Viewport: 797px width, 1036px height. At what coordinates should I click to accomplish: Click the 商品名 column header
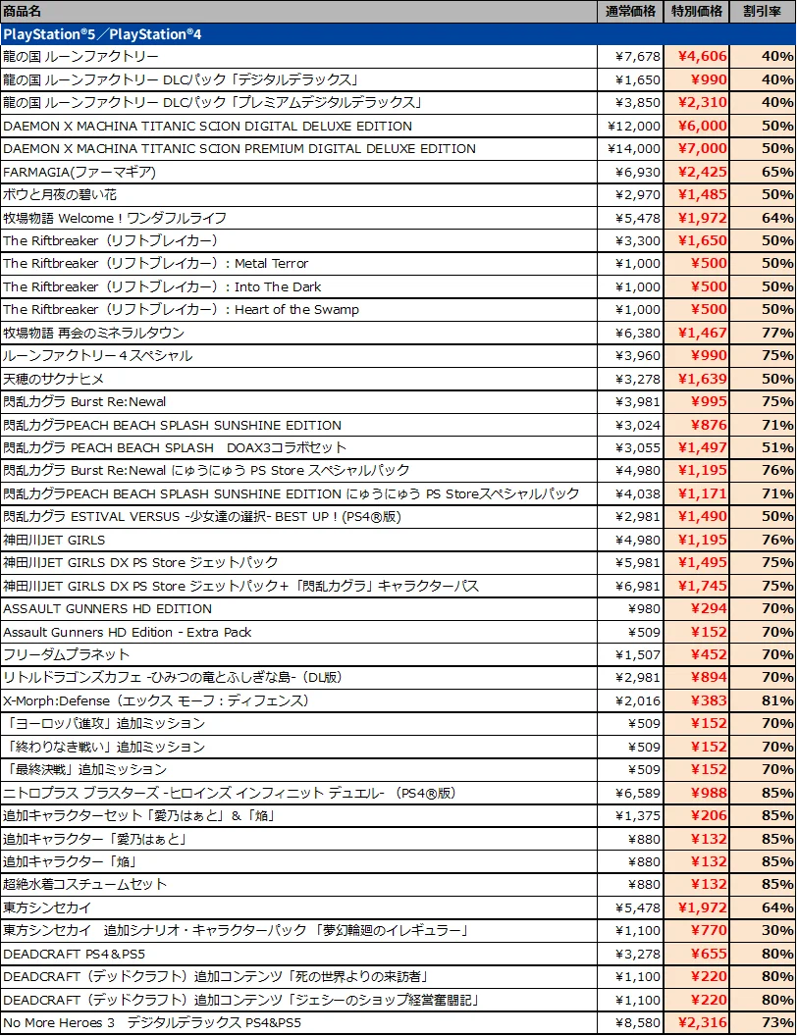click(23, 11)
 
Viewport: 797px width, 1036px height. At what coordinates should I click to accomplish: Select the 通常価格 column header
click(631, 11)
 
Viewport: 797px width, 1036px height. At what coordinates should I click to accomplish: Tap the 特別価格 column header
click(697, 11)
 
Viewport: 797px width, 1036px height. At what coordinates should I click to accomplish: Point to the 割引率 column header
click(762, 11)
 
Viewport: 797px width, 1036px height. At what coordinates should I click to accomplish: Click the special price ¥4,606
click(702, 57)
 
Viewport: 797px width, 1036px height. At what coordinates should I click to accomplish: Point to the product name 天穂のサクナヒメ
click(53, 379)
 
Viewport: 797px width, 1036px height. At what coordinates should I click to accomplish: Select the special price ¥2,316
click(702, 1022)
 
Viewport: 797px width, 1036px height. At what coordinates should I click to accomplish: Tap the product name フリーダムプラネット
click(67, 654)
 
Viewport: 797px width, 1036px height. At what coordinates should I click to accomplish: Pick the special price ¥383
click(708, 700)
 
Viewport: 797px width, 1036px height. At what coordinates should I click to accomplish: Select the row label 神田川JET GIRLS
click(54, 540)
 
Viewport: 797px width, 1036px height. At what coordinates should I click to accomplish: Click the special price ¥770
click(708, 930)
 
